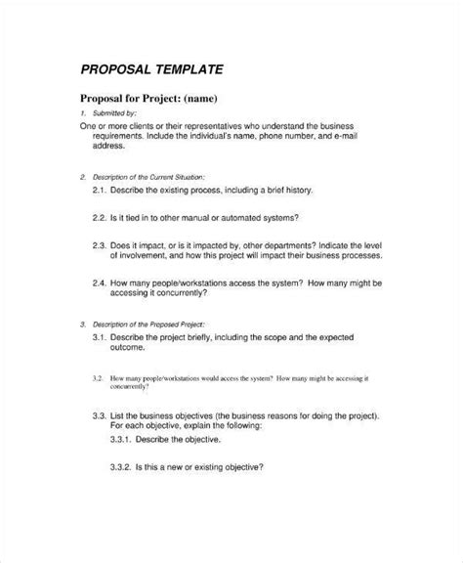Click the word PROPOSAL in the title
tap(115, 70)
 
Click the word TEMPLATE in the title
tap(190, 70)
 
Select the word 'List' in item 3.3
tap(125, 415)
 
